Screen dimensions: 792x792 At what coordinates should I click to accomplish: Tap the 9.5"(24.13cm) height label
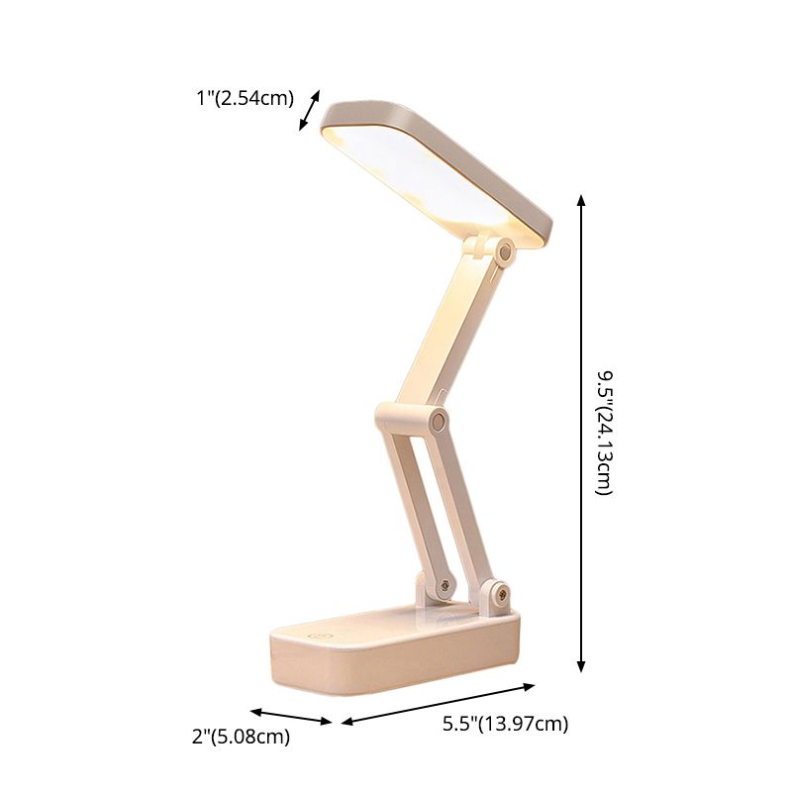604,433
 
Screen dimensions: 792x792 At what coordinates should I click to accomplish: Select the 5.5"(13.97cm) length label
505,724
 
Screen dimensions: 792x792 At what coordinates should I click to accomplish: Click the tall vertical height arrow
581,433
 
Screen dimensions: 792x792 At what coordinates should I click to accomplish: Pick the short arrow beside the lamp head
310,110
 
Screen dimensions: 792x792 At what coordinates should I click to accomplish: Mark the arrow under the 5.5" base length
439,703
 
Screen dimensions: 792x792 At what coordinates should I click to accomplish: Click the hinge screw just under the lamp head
506,254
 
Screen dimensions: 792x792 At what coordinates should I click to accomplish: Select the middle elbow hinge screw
437,423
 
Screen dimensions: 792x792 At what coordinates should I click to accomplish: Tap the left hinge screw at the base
444,587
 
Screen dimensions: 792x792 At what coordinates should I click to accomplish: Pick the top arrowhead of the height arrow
581,200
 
